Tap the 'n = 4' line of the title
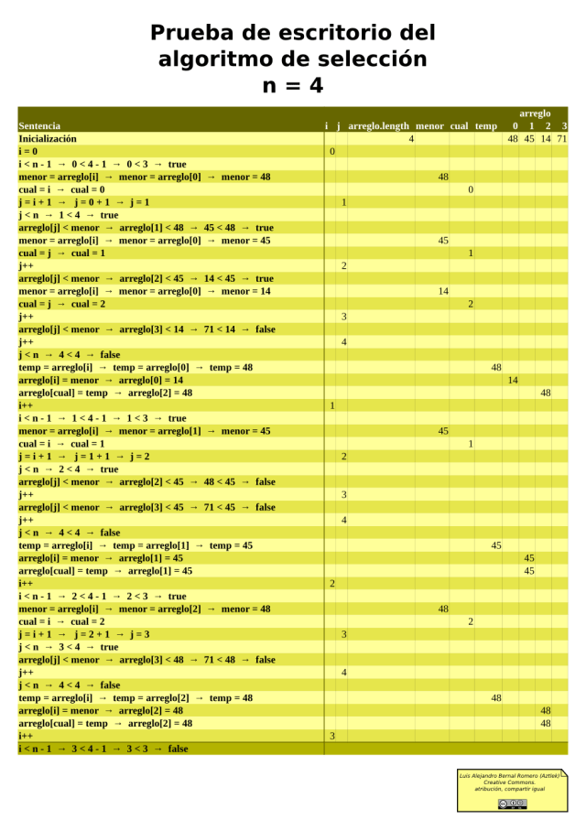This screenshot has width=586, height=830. coord(292,85)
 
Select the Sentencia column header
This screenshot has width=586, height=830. coord(39,125)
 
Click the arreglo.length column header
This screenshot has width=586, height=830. coord(379,125)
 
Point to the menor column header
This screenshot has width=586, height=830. coord(429,125)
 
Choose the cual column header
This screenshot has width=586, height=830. coord(460,125)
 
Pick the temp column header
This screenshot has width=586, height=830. coord(486,125)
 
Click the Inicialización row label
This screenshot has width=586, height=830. coord(48,138)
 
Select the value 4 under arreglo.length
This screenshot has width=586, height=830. coord(411,138)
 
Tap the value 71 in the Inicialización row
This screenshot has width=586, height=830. coord(561,138)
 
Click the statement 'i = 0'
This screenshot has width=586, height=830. coord(28,151)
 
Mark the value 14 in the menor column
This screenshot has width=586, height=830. coord(443,291)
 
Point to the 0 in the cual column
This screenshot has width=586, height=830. coord(471,189)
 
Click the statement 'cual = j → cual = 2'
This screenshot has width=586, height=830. coord(62,304)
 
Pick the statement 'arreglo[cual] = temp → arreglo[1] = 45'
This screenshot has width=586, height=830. coord(106,570)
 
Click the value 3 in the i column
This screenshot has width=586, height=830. coord(332,736)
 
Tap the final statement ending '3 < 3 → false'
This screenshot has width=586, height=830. coord(103,749)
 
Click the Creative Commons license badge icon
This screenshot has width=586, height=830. coord(512,803)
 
